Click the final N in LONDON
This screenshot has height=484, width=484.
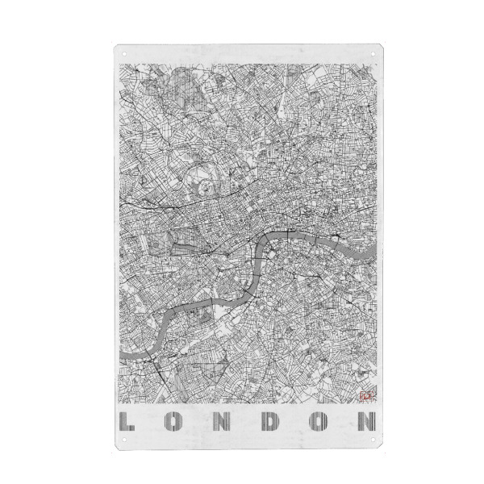click(366, 421)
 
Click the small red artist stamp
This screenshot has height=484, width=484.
click(361, 395)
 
